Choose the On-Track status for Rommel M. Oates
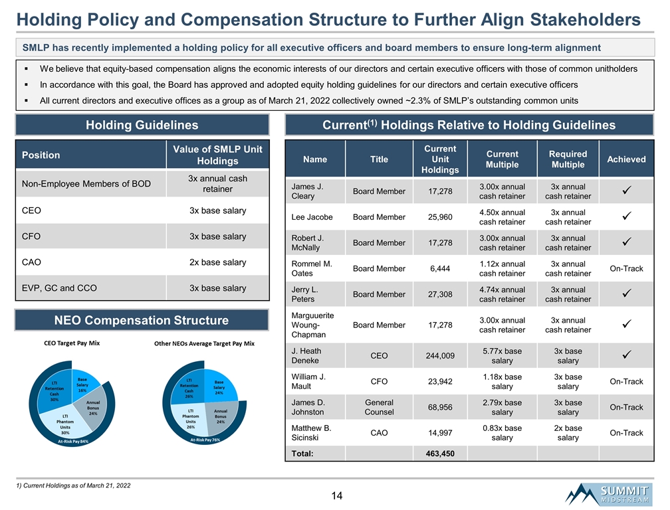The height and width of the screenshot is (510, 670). coord(626,268)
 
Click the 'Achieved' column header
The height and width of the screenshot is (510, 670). coord(626,159)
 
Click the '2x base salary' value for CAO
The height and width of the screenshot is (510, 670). coord(217,262)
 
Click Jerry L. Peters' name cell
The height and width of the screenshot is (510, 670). coord(306,294)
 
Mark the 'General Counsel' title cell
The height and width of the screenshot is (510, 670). coord(379,407)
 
